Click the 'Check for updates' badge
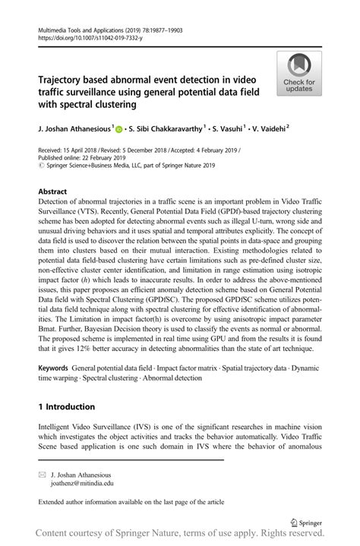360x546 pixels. [x=298, y=74]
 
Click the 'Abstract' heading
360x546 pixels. [x=52, y=191]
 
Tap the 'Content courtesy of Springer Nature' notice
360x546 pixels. [x=179, y=536]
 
